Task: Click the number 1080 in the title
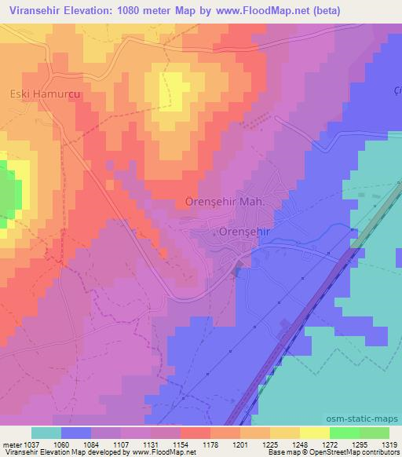point(141,10)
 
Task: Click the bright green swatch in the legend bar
point(344,433)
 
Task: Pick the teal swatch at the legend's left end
point(46,433)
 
